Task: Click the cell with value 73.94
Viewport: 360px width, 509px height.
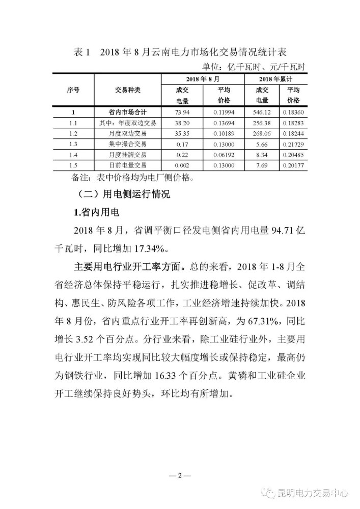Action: (x=182, y=112)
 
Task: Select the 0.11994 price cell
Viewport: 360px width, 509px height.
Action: (x=224, y=112)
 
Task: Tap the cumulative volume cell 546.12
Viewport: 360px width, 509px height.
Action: (x=265, y=112)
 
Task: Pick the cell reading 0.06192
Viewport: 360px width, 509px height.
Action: (x=224, y=155)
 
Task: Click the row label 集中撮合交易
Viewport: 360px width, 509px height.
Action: (x=128, y=144)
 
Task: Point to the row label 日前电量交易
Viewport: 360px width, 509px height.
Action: (x=128, y=165)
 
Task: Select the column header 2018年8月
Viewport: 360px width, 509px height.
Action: (x=203, y=79)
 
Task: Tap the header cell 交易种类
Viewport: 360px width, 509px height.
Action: (x=128, y=90)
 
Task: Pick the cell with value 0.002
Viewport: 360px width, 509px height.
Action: (x=182, y=165)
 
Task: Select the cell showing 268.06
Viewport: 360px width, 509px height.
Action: (x=265, y=133)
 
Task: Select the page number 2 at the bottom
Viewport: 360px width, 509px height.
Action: (x=180, y=475)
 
